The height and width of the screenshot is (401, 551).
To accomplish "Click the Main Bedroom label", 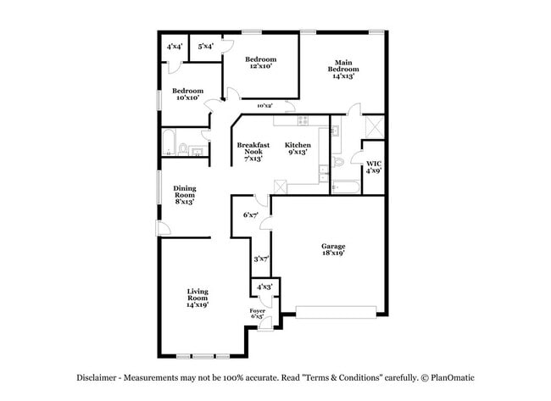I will click(x=342, y=69).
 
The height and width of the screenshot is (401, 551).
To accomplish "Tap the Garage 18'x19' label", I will click(x=333, y=249).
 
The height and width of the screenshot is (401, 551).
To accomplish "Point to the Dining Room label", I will click(x=184, y=195).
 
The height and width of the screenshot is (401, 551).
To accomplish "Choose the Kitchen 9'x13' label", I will click(x=298, y=148).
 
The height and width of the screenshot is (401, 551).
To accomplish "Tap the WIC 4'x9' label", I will click(x=373, y=166).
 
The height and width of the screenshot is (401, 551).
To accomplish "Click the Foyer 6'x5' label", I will click(x=258, y=314).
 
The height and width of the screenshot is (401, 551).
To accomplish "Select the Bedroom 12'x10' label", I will click(x=260, y=63).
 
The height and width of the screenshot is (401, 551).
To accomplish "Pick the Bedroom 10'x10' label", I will click(x=187, y=94).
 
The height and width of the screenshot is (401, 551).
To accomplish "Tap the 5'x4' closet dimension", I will click(x=205, y=46).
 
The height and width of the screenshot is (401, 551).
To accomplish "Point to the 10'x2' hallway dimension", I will click(x=264, y=106).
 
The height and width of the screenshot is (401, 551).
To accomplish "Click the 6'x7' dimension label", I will click(x=250, y=214).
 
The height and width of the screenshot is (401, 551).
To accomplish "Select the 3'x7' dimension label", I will click(x=261, y=259).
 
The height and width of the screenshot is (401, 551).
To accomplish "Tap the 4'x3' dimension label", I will click(x=264, y=287).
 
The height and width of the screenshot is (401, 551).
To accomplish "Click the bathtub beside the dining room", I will click(x=169, y=142).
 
